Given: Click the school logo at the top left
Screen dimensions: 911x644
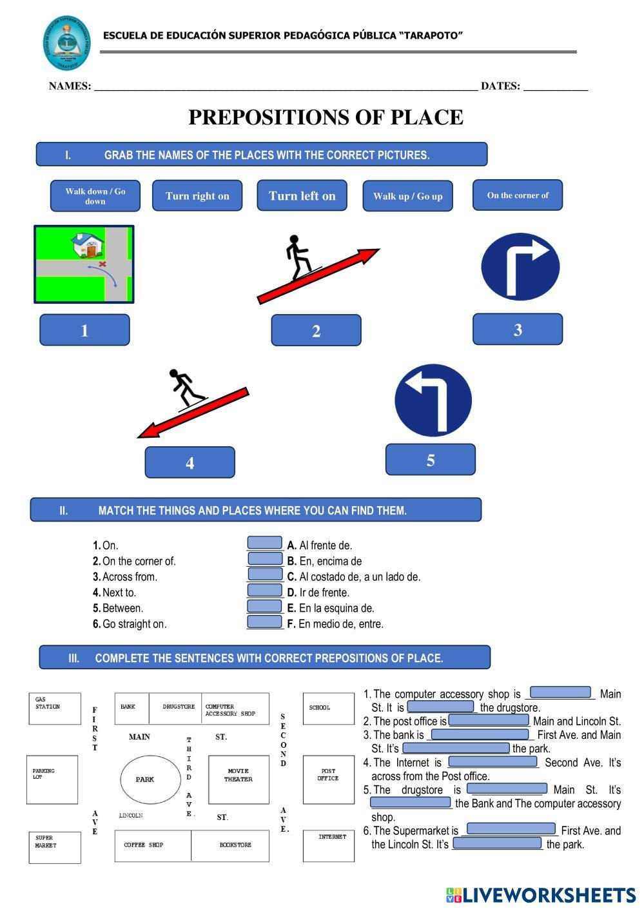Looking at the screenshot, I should click(67, 43).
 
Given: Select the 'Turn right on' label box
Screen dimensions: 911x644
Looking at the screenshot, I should click(197, 196).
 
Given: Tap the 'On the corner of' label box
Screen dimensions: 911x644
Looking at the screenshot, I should click(518, 195).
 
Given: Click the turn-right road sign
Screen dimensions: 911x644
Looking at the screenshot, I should click(520, 266).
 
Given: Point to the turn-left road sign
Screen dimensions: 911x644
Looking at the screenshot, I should click(433, 400).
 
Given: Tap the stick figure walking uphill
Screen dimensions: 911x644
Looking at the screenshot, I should click(299, 256).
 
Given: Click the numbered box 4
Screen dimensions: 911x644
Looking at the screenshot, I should click(190, 462).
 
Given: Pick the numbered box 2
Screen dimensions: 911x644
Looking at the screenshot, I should click(316, 331).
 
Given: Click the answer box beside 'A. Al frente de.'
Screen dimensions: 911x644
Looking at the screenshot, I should click(265, 544).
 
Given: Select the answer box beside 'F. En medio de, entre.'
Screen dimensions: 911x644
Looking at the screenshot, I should click(265, 622).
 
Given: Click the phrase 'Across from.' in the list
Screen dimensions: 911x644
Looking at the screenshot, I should click(130, 577).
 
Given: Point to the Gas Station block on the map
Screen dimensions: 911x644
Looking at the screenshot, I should click(55, 709).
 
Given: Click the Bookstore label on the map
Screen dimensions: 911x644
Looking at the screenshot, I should click(235, 845).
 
